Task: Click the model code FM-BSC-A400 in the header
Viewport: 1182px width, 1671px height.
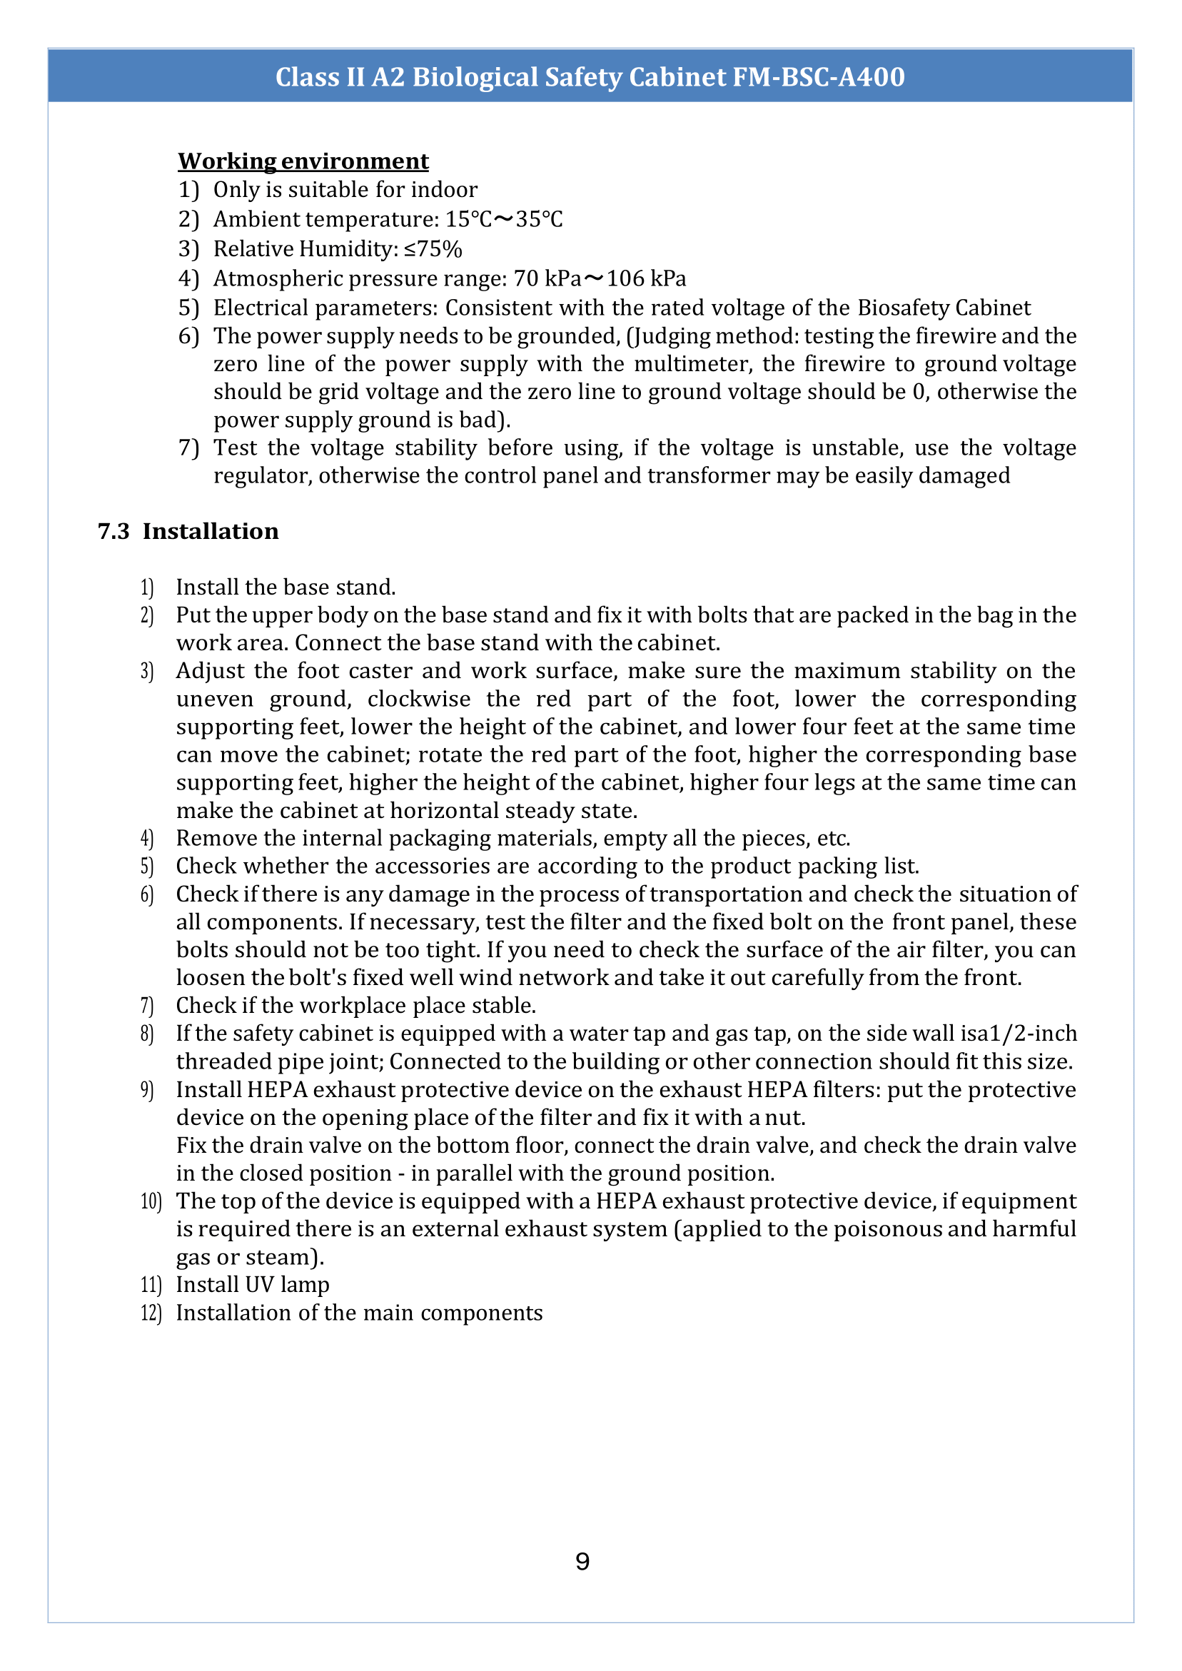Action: [818, 77]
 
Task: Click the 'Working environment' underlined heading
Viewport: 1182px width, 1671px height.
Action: [303, 161]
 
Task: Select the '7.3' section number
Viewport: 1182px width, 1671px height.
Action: [113, 531]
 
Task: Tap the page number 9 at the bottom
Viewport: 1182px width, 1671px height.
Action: [582, 1561]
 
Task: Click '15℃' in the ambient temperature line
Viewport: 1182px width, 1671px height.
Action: [469, 219]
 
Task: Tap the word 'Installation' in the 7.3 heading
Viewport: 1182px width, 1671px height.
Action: [211, 531]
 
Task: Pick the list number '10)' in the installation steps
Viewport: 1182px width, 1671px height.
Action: [151, 1201]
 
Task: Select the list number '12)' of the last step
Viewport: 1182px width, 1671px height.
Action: [151, 1313]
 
